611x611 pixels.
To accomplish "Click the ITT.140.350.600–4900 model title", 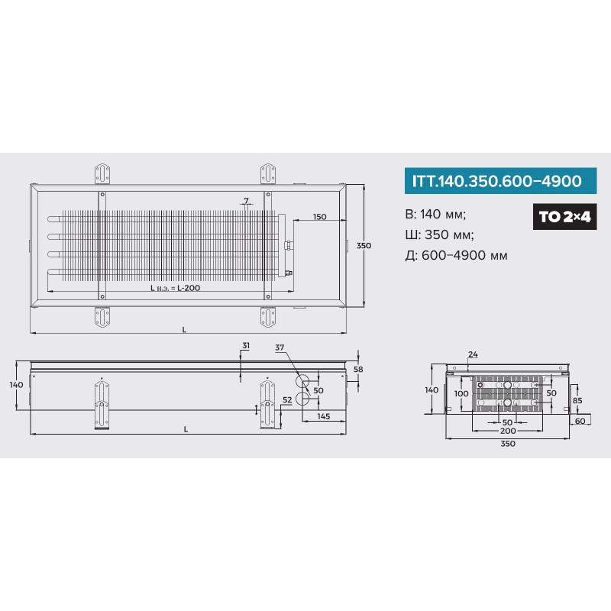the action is point(496,181).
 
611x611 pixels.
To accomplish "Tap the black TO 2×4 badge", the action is point(564,217).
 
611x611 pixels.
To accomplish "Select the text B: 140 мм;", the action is point(435,215).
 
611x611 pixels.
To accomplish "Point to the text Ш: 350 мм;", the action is point(440,235).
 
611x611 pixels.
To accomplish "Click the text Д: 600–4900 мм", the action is point(456,256).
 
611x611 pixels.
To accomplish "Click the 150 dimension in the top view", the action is point(319,217).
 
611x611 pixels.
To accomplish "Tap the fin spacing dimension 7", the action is point(246,201).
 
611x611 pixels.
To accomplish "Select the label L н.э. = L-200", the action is point(176,288).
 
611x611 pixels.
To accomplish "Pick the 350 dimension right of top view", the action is point(364,245).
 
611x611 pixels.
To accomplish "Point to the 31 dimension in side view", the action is point(245,346).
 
